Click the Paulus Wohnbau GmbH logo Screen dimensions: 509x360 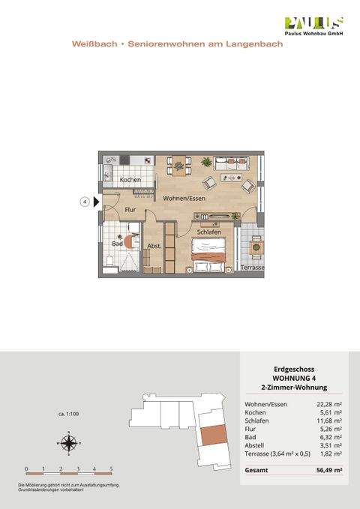(314, 27)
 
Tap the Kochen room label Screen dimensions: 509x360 (130, 181)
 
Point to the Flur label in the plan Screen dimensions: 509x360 (130, 210)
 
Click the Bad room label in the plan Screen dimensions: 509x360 (117, 244)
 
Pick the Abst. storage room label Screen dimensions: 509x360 (154, 246)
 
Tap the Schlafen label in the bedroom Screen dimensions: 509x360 (208, 232)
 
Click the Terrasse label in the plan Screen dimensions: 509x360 (253, 268)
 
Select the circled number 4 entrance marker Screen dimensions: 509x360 (85, 202)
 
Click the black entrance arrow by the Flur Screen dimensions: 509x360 (96, 202)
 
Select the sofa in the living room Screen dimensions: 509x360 (232, 161)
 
